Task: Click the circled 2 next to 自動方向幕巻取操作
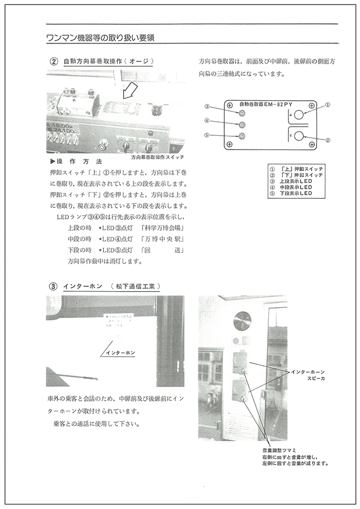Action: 53,61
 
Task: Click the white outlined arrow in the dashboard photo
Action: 129,90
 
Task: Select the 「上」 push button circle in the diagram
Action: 298,114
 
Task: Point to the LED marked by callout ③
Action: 242,113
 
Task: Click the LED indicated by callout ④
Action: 242,125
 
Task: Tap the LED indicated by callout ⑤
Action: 242,136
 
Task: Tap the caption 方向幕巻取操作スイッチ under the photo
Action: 157,157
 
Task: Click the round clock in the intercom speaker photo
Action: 243,320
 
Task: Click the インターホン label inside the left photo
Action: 120,353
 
